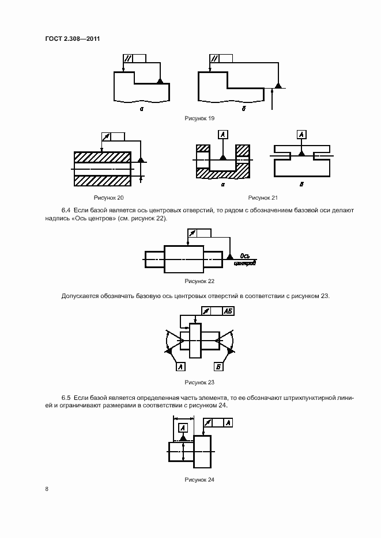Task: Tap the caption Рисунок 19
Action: (199, 118)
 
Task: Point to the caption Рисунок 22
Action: (199, 281)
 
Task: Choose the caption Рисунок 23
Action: (199, 382)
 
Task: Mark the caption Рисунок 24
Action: (199, 479)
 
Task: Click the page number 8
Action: (47, 489)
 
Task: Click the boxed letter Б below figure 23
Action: (219, 366)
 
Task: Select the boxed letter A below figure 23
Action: (180, 366)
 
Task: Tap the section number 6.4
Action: (66, 211)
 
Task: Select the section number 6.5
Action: (66, 398)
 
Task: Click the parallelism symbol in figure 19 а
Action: (129, 58)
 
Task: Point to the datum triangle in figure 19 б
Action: (278, 85)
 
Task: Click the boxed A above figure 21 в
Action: (301, 135)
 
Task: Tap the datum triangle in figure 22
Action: (230, 255)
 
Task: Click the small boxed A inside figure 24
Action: (183, 427)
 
